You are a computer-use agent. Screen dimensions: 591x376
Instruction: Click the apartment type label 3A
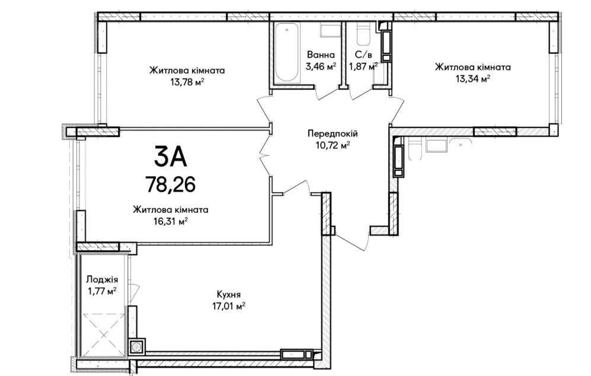(x=170, y=157)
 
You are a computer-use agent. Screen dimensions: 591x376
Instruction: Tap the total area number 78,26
(x=170, y=185)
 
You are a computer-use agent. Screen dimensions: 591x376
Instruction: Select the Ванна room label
(x=321, y=55)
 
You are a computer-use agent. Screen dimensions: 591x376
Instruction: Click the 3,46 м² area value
(x=321, y=67)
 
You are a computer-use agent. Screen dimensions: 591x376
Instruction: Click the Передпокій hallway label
(x=333, y=133)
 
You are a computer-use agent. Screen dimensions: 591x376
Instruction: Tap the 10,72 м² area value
(x=333, y=145)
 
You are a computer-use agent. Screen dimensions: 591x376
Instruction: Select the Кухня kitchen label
(x=229, y=295)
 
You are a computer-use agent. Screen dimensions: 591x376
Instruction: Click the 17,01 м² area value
(x=228, y=306)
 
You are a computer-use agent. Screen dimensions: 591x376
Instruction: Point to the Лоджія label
(x=102, y=280)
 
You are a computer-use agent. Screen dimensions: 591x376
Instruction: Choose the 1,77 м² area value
(x=102, y=292)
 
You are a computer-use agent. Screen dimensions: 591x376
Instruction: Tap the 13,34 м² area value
(x=472, y=79)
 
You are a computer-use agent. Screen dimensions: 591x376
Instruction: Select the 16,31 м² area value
(x=170, y=221)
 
